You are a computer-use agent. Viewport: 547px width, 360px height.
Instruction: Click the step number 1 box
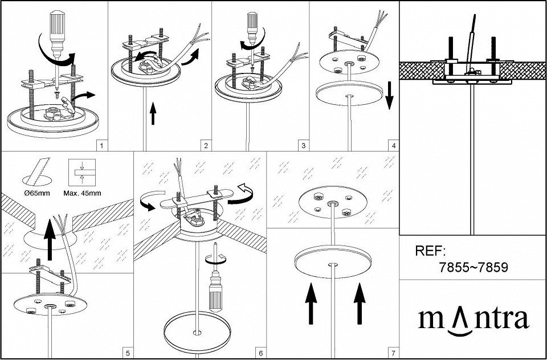tap(101, 145)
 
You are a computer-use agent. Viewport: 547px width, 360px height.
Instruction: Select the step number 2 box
tap(206, 145)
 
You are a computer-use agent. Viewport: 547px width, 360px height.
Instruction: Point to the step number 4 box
tap(394, 145)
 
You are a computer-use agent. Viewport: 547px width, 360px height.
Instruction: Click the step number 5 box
tap(128, 353)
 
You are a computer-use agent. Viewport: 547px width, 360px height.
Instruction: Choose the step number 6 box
tap(261, 353)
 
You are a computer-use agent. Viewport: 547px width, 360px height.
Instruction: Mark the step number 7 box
tap(394, 353)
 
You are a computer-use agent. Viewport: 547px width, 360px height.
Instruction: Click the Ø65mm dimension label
tap(37, 193)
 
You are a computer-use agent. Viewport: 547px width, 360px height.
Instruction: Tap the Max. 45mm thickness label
tap(82, 193)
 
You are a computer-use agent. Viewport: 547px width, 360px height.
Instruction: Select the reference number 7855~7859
tap(473, 268)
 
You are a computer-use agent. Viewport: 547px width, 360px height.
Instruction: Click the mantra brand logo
tap(473, 320)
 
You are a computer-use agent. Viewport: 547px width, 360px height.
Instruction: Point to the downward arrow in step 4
tap(389, 96)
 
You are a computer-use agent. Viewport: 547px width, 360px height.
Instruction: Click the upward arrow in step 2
tap(153, 114)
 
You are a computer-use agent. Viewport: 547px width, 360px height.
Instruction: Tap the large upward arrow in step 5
tap(50, 240)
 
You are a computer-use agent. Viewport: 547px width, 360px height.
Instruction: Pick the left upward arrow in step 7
tap(311, 304)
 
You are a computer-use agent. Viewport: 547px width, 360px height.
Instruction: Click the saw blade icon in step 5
tap(38, 171)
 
